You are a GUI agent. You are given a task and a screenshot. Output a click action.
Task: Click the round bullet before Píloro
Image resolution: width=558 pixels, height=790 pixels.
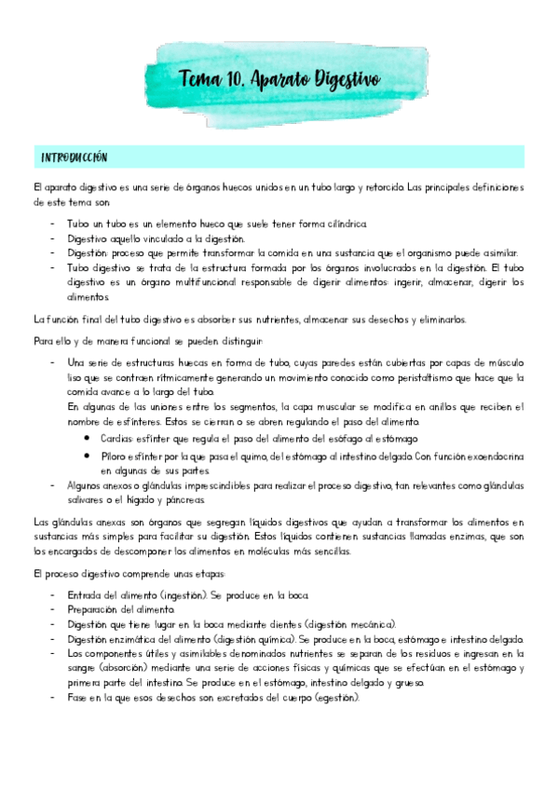click(87, 456)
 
